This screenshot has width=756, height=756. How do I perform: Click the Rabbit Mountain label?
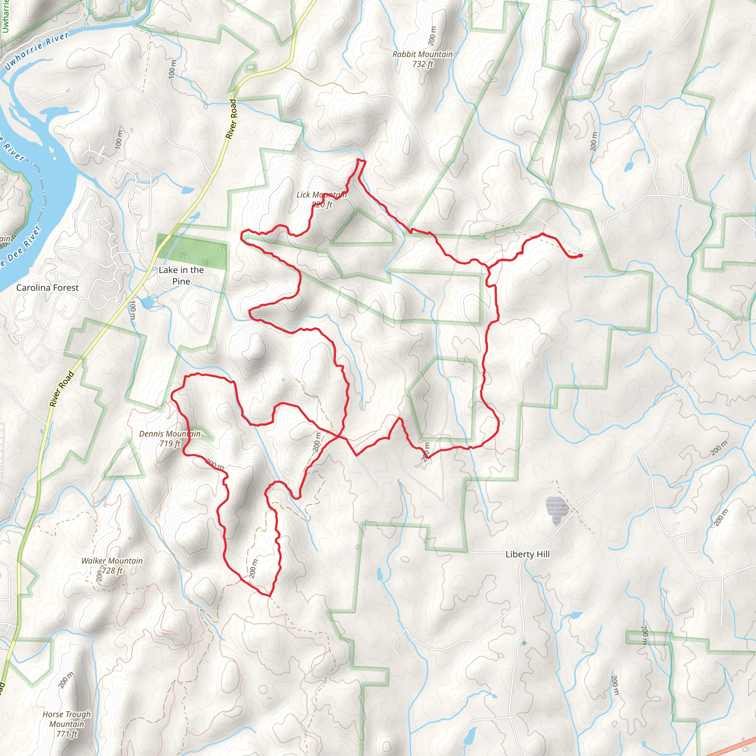422,54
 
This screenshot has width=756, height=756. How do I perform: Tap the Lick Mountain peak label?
321,195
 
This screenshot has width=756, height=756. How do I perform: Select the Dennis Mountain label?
169,434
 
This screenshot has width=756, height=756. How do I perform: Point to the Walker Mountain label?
112,561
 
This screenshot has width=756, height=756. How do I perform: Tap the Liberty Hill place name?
528,554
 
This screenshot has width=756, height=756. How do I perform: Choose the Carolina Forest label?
47,288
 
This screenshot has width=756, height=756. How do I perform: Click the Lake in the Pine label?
181,275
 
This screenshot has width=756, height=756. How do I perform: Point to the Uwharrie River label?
37,51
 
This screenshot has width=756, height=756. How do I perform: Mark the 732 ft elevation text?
423,64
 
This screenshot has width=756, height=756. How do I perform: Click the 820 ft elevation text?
322,204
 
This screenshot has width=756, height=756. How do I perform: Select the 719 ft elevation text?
170,443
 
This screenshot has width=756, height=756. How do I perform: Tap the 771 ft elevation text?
67,734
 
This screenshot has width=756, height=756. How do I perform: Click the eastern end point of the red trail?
581,255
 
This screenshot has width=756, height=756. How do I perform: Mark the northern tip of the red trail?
358,160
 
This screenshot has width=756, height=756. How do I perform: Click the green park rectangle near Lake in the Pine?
191,252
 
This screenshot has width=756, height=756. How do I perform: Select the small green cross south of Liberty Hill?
524,643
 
